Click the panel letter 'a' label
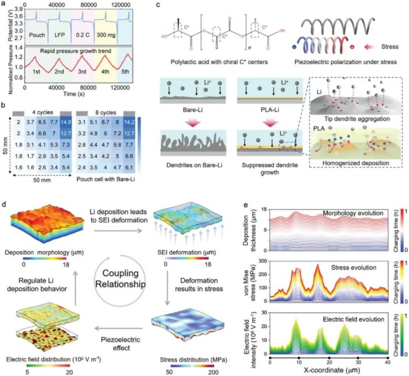pos(4,4)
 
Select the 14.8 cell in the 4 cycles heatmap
pos(67,122)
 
